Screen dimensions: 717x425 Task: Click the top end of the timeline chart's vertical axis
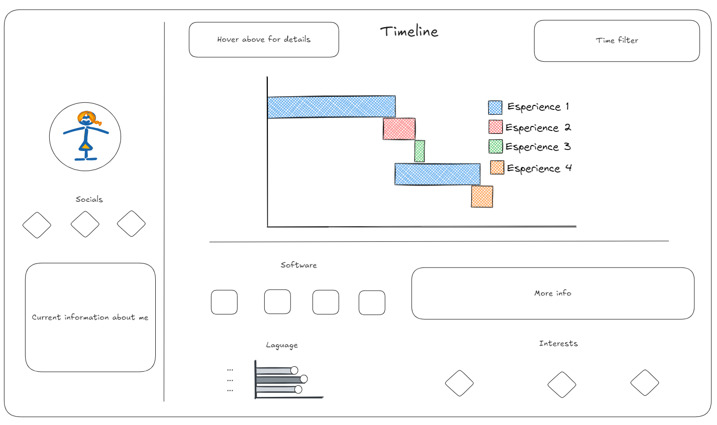click(x=267, y=77)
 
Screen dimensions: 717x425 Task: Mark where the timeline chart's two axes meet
click(x=268, y=227)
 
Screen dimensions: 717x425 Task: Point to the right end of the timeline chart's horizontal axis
click(x=576, y=226)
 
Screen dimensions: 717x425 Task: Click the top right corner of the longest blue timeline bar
click(x=395, y=96)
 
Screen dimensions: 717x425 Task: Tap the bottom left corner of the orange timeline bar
click(x=471, y=207)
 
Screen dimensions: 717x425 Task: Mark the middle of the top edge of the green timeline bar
click(x=420, y=140)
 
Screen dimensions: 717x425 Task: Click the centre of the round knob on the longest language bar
click(x=304, y=379)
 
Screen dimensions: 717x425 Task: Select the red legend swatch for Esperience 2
click(x=495, y=127)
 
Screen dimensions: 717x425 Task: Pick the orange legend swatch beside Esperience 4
click(x=497, y=168)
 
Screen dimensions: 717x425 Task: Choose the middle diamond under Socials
click(x=85, y=224)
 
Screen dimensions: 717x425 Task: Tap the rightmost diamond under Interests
click(x=645, y=383)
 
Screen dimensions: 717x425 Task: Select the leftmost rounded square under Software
click(x=224, y=302)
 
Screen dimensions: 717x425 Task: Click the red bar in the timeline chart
click(x=399, y=129)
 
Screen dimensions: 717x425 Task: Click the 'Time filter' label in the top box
click(x=617, y=40)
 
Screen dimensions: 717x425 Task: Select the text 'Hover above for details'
click(x=264, y=39)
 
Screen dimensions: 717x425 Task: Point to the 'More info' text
click(x=553, y=293)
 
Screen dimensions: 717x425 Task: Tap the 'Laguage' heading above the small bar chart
click(x=282, y=345)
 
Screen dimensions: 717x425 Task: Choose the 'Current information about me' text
click(x=90, y=317)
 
